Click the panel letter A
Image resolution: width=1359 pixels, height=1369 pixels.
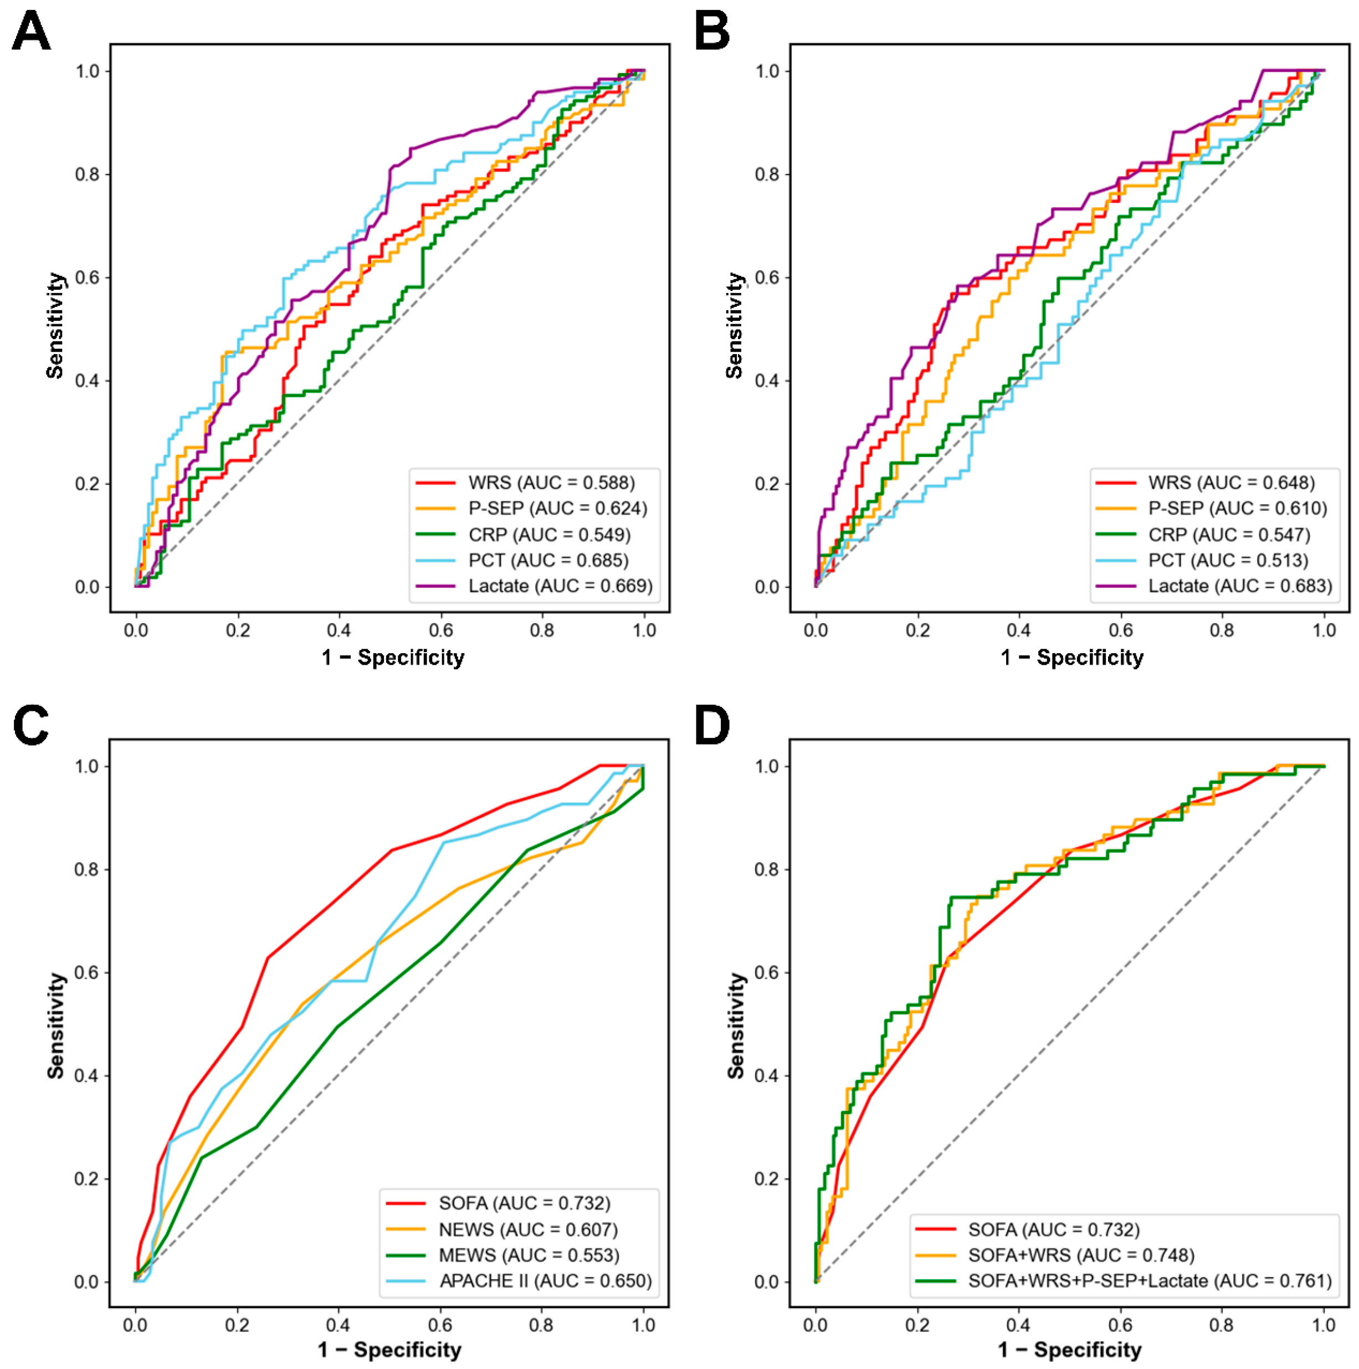coord(31,33)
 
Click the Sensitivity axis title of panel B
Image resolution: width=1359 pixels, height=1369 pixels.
coord(735,326)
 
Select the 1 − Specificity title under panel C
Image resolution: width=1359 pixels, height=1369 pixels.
coord(389,1349)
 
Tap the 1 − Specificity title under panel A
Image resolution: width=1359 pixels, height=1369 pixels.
coord(393,657)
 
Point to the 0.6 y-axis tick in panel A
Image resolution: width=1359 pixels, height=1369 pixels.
coord(87,278)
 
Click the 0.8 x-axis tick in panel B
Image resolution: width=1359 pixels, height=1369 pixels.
coord(1222,629)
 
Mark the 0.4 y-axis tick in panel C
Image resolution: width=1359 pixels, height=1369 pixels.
coord(86,1076)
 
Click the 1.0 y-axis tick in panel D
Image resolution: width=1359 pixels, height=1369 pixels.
coord(767,767)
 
